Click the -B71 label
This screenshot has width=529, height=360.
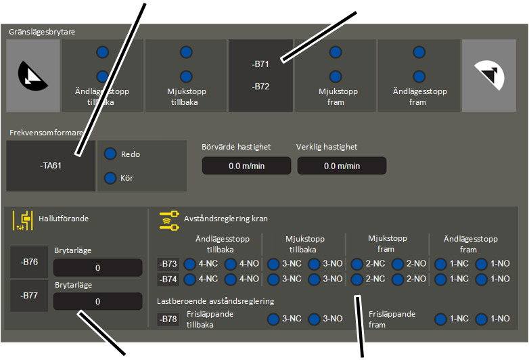[260, 64]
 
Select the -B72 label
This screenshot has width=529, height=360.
[260, 87]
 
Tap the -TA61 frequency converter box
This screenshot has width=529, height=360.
[51, 166]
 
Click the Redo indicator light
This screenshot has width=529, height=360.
[110, 154]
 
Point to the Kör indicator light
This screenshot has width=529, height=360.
[110, 178]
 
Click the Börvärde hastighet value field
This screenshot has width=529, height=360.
[247, 166]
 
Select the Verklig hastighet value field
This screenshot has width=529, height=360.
[342, 166]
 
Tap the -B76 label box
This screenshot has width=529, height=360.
[29, 262]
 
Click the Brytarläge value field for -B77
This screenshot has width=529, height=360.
[98, 301]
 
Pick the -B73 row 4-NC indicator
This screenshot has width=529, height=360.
[190, 264]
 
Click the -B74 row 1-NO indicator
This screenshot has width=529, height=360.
[482, 279]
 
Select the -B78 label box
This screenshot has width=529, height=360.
[168, 319]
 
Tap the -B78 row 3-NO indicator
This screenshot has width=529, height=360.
[314, 319]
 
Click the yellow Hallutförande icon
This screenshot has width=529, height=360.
[23, 221]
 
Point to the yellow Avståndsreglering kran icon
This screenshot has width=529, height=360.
[169, 221]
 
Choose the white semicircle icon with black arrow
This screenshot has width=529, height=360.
[490, 75]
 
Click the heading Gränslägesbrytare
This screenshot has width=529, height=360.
[42, 32]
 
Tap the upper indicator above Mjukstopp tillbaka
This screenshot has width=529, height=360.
[186, 52]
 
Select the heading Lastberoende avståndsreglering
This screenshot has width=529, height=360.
[216, 301]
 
